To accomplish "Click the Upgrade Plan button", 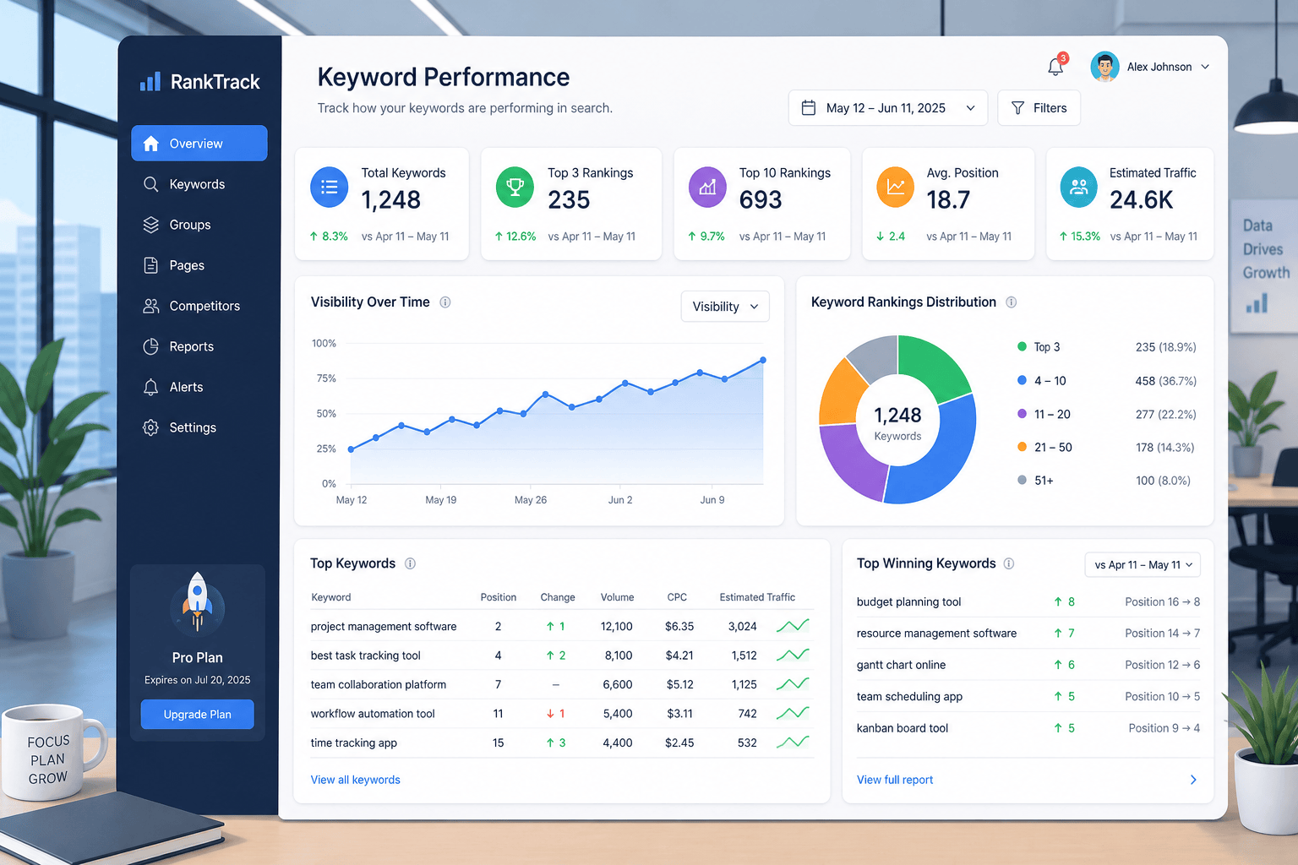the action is point(197,714).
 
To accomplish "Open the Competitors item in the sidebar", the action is point(191,306).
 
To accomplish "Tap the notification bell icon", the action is point(1055,68).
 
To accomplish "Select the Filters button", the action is point(1039,108).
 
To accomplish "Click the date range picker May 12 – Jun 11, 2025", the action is point(888,108).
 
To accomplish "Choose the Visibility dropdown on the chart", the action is point(725,307).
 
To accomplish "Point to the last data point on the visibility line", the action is point(763,361).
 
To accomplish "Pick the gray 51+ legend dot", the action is point(1022,480).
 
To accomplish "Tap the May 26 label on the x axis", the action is point(530,499).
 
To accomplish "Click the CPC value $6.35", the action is point(679,626).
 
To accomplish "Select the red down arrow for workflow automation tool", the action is point(550,714).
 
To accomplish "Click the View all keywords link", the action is point(355,780).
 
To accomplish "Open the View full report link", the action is point(895,780).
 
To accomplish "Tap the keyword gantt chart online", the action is point(901,665).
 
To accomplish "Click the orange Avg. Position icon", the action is point(895,188).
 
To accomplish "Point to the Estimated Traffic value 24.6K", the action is point(1141,200).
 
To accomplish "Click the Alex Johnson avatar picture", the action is point(1104,67).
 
